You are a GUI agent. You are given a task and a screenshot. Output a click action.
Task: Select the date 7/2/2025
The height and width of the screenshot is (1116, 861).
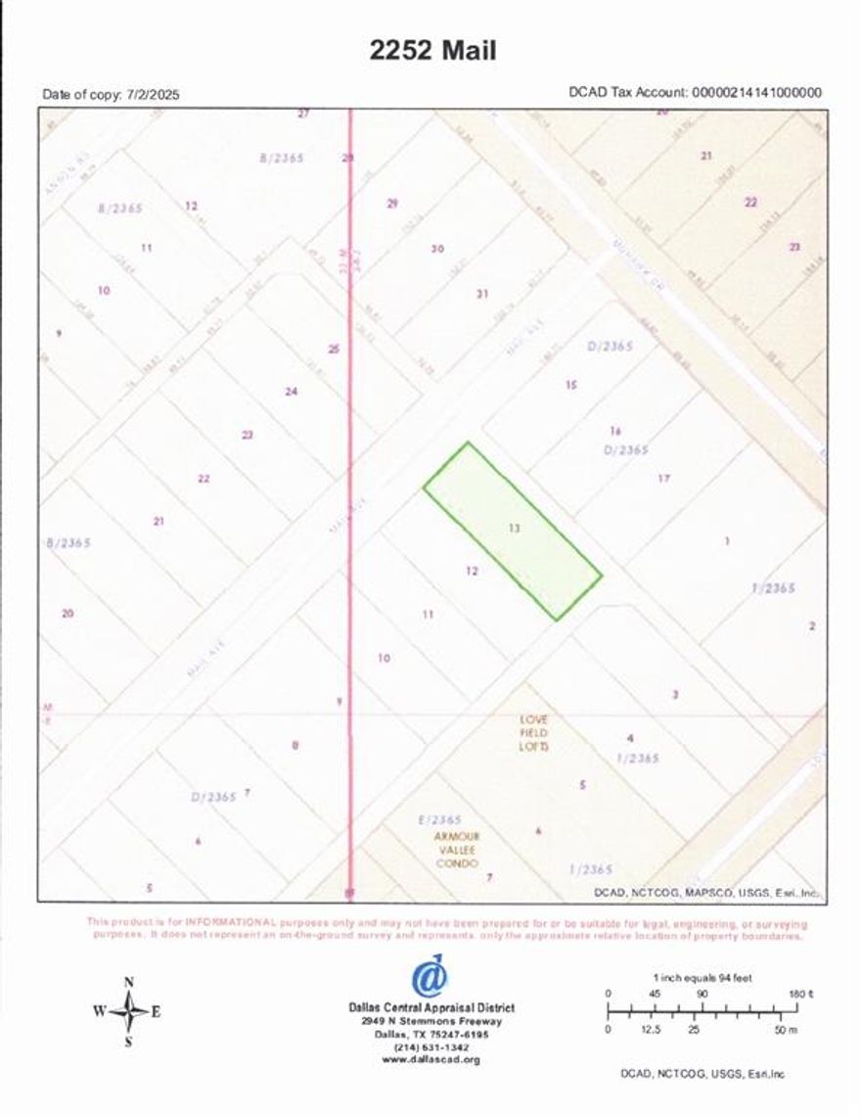pos(153,95)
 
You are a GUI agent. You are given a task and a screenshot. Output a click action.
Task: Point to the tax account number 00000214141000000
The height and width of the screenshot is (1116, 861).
pos(756,93)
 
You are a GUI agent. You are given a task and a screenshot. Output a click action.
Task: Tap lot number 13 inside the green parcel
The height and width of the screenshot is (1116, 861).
pos(515,528)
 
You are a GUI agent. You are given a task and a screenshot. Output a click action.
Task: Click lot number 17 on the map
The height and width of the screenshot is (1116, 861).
pos(663,479)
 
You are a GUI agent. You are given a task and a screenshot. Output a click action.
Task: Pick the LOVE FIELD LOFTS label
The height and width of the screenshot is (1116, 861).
pos(534,731)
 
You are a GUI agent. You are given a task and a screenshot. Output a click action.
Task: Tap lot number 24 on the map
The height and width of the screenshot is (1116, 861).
pos(291,392)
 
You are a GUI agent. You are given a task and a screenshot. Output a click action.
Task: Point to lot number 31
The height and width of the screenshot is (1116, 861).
pos(481,294)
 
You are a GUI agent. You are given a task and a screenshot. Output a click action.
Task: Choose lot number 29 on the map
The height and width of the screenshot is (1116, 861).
pos(392,204)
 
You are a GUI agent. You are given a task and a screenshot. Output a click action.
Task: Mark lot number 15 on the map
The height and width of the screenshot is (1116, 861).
pos(570,385)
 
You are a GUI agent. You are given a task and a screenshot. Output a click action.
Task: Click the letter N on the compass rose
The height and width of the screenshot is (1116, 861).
pos(129,982)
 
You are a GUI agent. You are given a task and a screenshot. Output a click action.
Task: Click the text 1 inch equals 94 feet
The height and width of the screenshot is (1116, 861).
pos(702,978)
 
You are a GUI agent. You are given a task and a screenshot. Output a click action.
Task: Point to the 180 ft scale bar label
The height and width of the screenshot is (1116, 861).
pos(801,994)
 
